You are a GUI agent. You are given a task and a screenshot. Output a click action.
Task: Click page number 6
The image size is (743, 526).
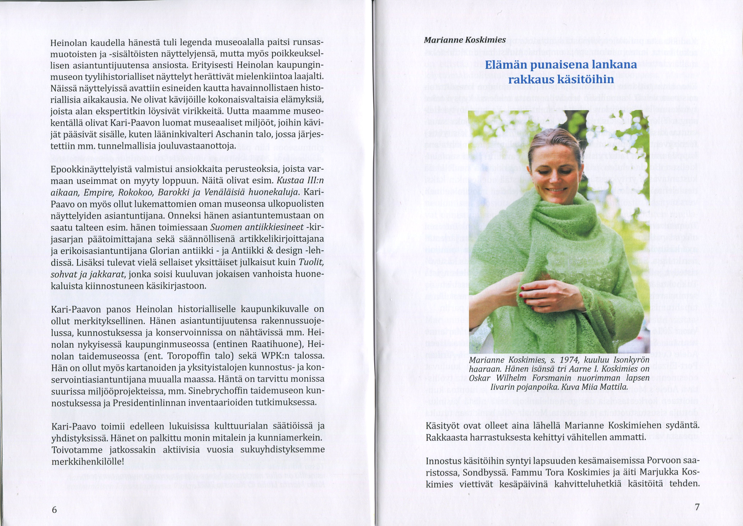pyautogui.click(x=54, y=509)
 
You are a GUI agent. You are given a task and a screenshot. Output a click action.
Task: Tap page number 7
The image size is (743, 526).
pyautogui.click(x=697, y=507)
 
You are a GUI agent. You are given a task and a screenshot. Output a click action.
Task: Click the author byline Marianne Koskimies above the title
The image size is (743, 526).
pyautogui.click(x=464, y=40)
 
